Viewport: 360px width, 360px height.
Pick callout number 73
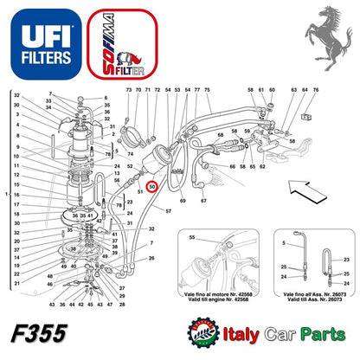[x=128, y=90]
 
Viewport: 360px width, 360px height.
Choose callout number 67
[x=202, y=200]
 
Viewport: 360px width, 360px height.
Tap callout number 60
[x=273, y=90]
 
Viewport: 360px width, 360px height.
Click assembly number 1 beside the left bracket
[x=8, y=196]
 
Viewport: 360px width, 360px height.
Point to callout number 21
[x=16, y=282]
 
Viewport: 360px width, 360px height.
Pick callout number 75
[x=197, y=90]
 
